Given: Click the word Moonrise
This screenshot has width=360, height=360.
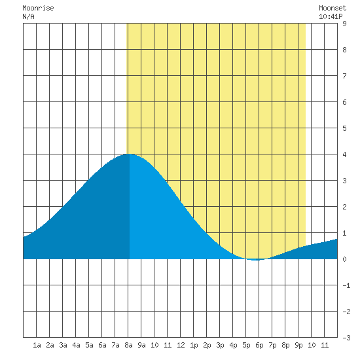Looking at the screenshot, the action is tap(38, 8).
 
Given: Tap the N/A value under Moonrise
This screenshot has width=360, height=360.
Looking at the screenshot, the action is tap(28, 16).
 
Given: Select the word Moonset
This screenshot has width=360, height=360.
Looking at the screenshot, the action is tap(333, 8).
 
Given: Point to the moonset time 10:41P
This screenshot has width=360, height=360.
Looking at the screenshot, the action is tap(331, 16).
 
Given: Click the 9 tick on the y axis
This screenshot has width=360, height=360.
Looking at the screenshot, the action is tap(344, 24).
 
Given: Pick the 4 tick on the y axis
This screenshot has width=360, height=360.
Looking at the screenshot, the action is tap(344, 154).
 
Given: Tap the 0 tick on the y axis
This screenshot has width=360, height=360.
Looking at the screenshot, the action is tap(344, 259).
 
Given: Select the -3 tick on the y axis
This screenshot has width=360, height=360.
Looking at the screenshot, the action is tap(346, 338).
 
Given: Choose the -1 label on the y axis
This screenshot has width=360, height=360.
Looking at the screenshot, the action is tap(346, 285).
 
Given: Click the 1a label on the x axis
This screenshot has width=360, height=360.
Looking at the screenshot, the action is tap(37, 345).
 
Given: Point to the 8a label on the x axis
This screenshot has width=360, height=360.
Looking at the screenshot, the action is tap(128, 345).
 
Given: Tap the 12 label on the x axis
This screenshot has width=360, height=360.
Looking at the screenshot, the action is tap(181, 345).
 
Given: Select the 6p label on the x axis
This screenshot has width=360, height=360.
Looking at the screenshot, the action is tap(259, 345).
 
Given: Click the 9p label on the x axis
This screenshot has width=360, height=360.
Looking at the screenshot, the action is tap(298, 345).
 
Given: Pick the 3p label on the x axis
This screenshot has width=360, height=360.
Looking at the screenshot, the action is tap(220, 345).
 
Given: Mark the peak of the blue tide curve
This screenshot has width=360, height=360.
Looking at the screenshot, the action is tap(129, 154).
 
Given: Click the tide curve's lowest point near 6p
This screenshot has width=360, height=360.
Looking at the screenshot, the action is tap(255, 260).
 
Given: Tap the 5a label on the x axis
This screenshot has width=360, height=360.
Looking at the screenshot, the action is tap(89, 345).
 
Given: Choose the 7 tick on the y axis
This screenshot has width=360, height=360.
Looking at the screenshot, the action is tap(344, 76).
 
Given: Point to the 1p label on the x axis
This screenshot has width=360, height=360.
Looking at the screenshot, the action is tap(194, 345).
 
